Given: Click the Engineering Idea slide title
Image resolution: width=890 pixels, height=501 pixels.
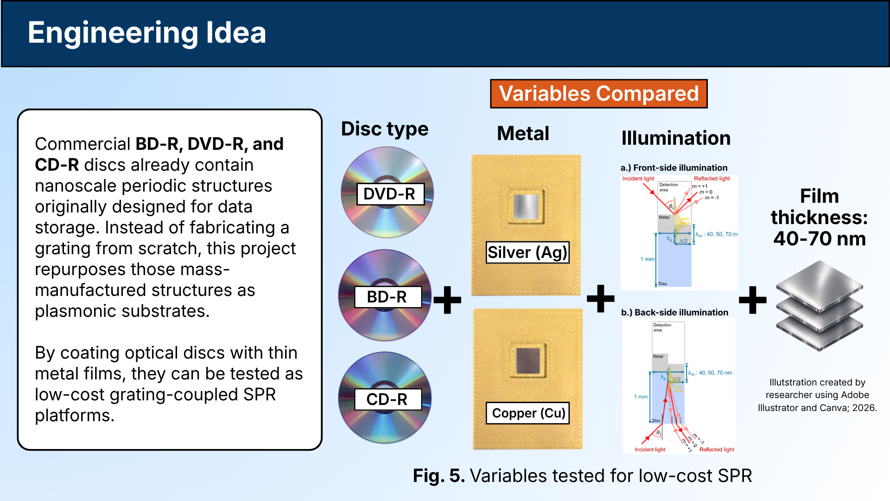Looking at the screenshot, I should pos(146,33).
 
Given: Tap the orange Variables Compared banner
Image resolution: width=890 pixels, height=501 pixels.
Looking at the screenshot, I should pos(598,94).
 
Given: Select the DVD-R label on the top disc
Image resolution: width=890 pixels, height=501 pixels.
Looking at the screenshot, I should pos(390,194).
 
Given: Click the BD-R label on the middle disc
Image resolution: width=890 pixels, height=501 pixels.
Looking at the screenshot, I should pos(388,297).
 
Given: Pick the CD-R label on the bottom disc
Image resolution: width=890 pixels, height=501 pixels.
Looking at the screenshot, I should pos(388,399).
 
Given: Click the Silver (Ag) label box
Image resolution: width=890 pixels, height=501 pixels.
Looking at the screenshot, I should pos(527,252).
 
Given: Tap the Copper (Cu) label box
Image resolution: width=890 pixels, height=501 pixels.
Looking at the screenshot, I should pos(528,413).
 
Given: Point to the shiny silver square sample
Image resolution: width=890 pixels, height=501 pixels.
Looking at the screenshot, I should pos(526,206).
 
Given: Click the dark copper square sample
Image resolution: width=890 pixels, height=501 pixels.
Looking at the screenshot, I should pos(528,360).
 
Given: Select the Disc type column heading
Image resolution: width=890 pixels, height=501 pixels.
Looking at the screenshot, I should pos(384,129).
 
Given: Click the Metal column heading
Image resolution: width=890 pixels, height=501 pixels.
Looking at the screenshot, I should pos(523,134).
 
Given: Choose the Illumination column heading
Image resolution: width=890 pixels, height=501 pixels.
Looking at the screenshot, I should pos(675,138).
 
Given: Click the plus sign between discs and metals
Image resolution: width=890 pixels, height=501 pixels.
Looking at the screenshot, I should pos(447,300).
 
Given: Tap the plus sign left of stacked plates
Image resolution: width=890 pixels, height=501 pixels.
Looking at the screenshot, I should pos(752,300).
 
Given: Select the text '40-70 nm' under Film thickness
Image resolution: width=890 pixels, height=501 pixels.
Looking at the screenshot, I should pos(819,238).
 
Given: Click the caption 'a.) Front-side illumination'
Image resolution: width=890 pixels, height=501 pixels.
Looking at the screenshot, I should pos(674,168).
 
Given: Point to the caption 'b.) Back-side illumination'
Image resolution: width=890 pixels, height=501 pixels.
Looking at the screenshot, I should pos(674,313).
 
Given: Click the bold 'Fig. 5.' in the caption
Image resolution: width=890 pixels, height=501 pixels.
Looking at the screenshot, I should pos(439,476).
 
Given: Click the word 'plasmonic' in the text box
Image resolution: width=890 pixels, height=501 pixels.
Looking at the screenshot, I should pos(76,311).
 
